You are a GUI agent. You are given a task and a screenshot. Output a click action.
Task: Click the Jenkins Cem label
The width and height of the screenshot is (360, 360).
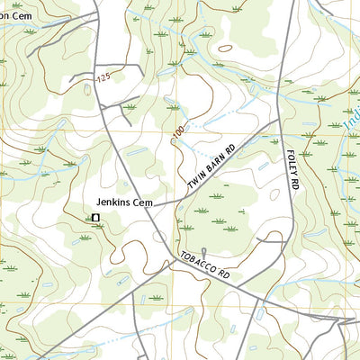pos(125,203)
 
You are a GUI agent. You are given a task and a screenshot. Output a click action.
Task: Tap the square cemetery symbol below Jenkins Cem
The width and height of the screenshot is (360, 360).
pos(94,218)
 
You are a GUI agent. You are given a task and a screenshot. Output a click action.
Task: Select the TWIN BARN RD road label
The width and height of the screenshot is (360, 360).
pos(211,167)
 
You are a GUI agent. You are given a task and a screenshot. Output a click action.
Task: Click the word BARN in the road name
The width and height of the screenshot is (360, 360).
pos(216,165)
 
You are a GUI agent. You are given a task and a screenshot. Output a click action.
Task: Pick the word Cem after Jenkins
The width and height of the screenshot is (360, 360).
pos(144,203)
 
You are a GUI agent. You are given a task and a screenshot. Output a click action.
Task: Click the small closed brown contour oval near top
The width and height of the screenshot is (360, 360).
pos(225,48)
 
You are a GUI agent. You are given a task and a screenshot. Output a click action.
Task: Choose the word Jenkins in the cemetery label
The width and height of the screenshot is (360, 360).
pos(114,203)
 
